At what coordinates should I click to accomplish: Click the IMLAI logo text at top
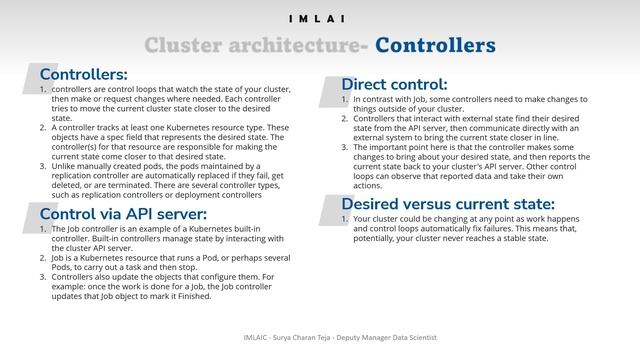tap(319, 19)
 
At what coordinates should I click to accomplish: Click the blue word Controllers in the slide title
tap(436, 46)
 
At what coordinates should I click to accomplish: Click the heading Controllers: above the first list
tap(83, 74)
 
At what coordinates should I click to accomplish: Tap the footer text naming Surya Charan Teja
tap(319, 338)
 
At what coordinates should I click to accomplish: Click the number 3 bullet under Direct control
tap(344, 147)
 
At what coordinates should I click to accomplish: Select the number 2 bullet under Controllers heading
tap(42, 128)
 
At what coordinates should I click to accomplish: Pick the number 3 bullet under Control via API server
tap(42, 275)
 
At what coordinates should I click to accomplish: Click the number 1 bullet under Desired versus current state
tap(344, 218)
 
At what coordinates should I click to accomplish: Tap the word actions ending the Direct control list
tap(367, 185)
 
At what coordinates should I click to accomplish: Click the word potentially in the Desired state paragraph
tap(378, 238)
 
